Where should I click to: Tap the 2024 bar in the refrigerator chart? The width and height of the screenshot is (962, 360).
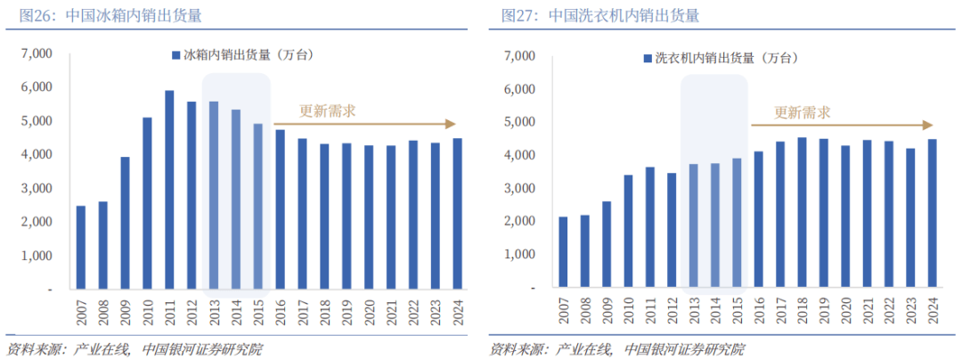(458, 214)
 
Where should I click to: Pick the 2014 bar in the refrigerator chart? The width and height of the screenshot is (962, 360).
(236, 200)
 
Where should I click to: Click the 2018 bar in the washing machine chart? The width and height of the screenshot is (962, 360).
(802, 213)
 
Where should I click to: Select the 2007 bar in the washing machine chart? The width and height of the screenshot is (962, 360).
(562, 253)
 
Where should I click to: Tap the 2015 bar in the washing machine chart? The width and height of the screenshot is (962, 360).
(737, 224)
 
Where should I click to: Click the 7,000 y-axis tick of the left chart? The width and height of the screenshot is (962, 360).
(37, 54)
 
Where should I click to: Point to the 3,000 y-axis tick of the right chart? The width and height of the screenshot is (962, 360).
(520, 189)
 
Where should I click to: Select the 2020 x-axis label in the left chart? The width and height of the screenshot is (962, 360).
(370, 313)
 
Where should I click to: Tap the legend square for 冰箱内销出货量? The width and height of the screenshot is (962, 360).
(176, 55)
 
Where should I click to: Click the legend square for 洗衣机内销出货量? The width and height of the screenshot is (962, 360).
(648, 59)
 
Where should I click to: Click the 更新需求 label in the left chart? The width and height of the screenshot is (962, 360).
(327, 111)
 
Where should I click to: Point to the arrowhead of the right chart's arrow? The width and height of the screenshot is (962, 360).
(928, 125)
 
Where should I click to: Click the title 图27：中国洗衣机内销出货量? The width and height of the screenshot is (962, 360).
(599, 16)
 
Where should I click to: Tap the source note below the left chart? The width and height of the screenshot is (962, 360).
(134, 348)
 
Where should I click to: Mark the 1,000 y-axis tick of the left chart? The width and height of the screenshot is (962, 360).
(37, 256)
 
